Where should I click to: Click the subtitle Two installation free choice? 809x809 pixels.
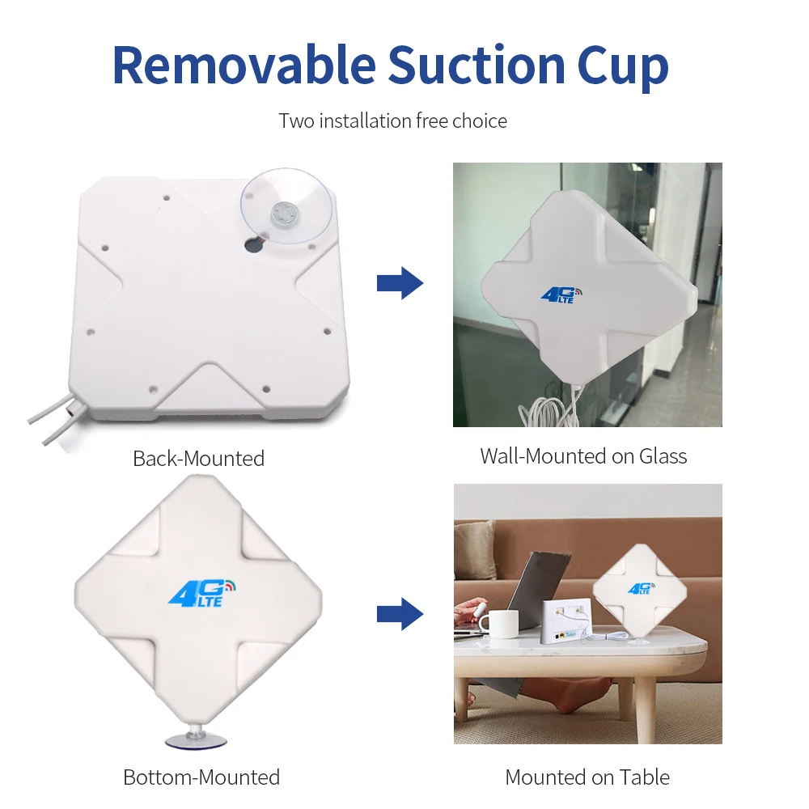[392, 121]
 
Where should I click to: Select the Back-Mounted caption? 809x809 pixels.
[198, 459]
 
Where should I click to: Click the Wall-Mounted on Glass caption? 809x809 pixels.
[583, 456]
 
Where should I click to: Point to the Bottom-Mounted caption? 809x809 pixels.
[201, 777]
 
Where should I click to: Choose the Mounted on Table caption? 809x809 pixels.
[587, 777]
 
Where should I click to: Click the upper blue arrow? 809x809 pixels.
[400, 283]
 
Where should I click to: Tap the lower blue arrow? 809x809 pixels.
[400, 615]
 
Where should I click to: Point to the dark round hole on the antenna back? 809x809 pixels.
[254, 244]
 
